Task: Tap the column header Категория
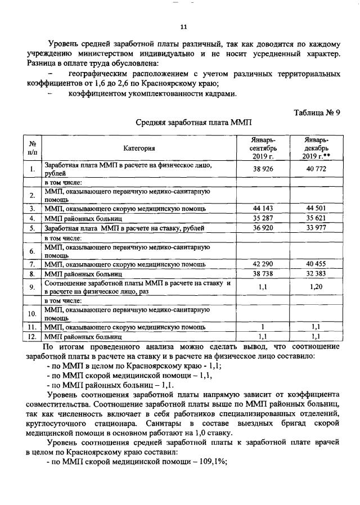[139, 148]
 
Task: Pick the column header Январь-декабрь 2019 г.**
[316, 148]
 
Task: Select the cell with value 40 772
[316, 169]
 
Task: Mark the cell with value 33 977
[316, 228]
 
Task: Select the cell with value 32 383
[316, 273]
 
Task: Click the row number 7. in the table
[33, 263]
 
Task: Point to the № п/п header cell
[33, 148]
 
